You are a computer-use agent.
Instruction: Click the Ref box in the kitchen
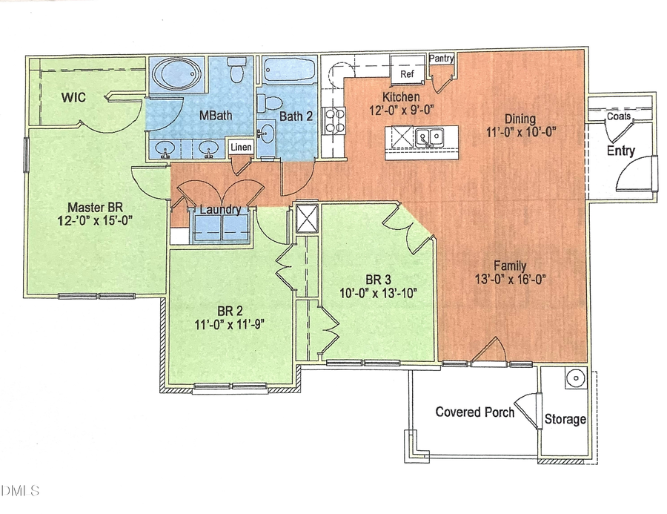coord(408,74)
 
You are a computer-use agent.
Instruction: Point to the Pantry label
coord(441,59)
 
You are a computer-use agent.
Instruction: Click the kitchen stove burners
coord(334,120)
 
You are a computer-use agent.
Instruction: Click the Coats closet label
coord(620,117)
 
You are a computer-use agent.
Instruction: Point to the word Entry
coord(621,151)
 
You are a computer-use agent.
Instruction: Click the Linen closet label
coord(241,148)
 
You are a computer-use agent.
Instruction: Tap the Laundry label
coord(219,210)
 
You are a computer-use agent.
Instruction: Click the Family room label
coord(511,266)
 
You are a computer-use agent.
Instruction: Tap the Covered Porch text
coord(474,412)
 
